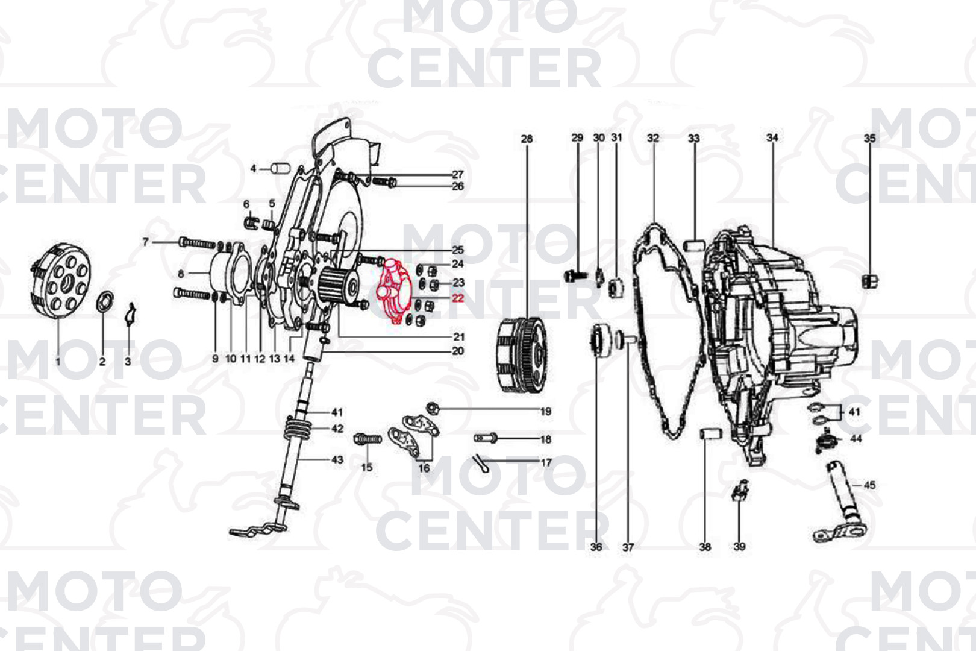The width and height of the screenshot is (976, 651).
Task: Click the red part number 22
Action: pyautogui.click(x=458, y=299)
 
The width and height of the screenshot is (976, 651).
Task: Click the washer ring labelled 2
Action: pyautogui.click(x=105, y=302)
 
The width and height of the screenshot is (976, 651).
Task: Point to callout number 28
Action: pyautogui.click(x=527, y=139)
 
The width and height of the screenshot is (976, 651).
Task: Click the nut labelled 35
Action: pyautogui.click(x=870, y=281)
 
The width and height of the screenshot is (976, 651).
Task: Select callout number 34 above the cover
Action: pyautogui.click(x=772, y=138)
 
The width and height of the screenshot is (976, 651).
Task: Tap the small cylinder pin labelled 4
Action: pyautogui.click(x=281, y=168)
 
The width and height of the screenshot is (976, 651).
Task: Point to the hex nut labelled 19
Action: pyautogui.click(x=433, y=409)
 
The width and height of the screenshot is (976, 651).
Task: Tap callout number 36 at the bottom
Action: pyautogui.click(x=596, y=547)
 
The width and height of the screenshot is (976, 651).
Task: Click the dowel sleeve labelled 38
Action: pyautogui.click(x=711, y=435)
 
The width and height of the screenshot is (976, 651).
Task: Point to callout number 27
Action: pyautogui.click(x=457, y=174)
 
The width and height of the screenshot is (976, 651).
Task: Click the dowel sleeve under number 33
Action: pyautogui.click(x=694, y=245)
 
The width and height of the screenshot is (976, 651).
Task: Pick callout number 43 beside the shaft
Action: pyautogui.click(x=337, y=459)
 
